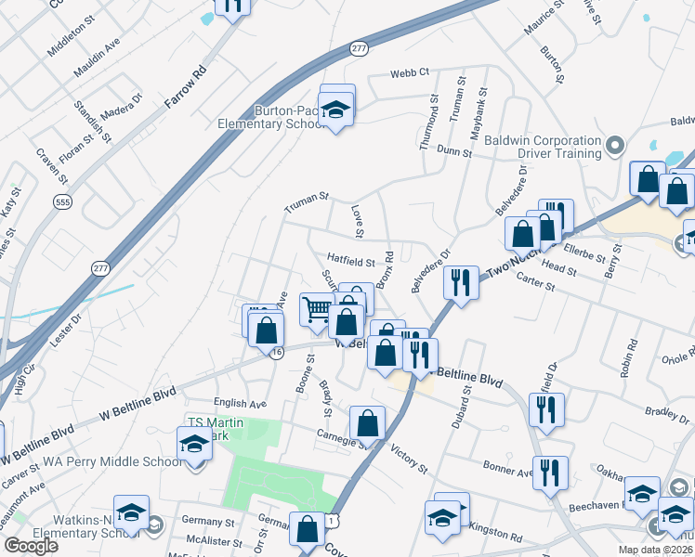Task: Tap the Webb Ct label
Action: [409, 72]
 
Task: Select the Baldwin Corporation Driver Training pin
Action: [614, 146]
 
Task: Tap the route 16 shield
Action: [276, 352]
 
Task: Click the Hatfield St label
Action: [350, 264]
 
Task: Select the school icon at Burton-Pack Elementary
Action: [336, 110]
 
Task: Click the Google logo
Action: [31, 546]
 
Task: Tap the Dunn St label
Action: [453, 149]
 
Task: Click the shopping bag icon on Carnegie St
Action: [368, 422]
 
